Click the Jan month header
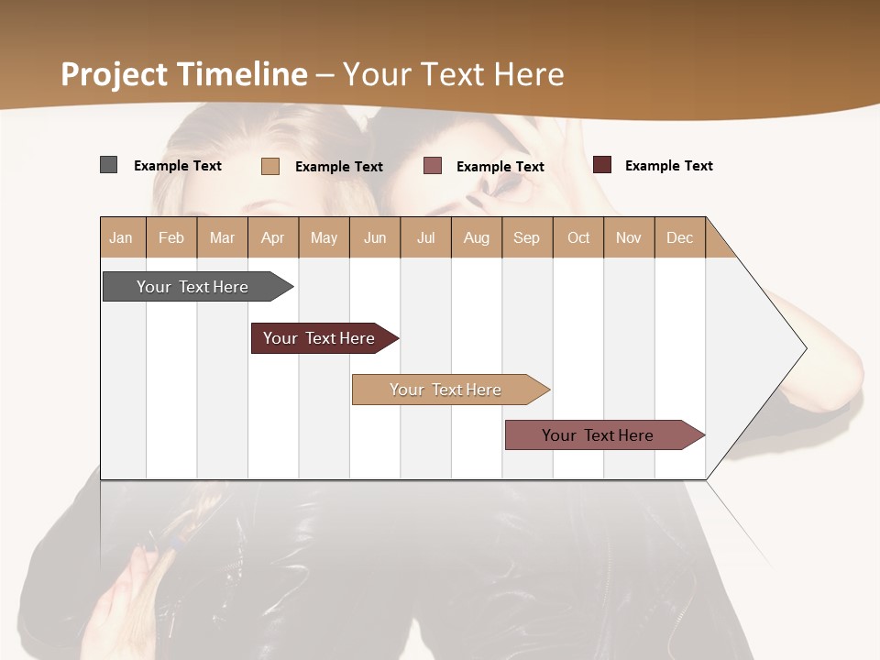click(122, 237)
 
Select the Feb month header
click(171, 237)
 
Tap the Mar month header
click(222, 237)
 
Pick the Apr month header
click(273, 237)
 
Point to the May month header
click(324, 237)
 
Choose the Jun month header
click(375, 237)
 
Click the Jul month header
click(425, 237)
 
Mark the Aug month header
click(477, 237)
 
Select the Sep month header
click(527, 237)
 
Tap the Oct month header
click(578, 237)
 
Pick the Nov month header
click(629, 237)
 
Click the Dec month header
click(680, 237)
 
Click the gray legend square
click(108, 165)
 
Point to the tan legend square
click(269, 166)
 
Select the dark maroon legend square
click(602, 165)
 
